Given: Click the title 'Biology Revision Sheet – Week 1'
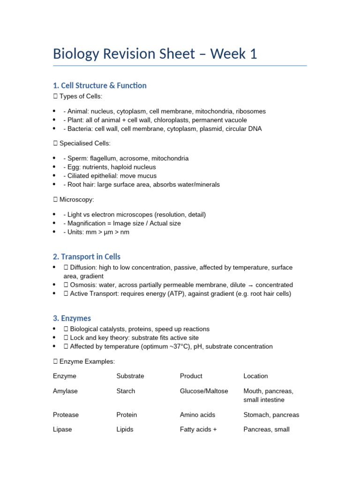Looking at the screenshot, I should click(x=155, y=54).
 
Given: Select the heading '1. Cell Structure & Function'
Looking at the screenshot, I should click(x=99, y=85).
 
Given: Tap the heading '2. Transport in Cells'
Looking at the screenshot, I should click(x=87, y=256).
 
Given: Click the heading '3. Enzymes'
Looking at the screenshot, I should click(x=72, y=318).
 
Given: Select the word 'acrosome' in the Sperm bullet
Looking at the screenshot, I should click(x=136, y=158).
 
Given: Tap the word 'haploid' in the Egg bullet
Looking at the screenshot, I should click(x=121, y=167).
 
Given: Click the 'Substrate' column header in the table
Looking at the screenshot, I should click(x=130, y=376).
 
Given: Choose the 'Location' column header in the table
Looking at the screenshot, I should click(x=255, y=376).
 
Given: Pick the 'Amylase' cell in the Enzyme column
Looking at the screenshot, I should click(x=66, y=391).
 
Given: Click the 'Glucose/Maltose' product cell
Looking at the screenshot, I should click(x=204, y=391).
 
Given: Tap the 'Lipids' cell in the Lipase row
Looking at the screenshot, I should click(x=125, y=429).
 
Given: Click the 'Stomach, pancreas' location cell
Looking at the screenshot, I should click(x=271, y=415).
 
